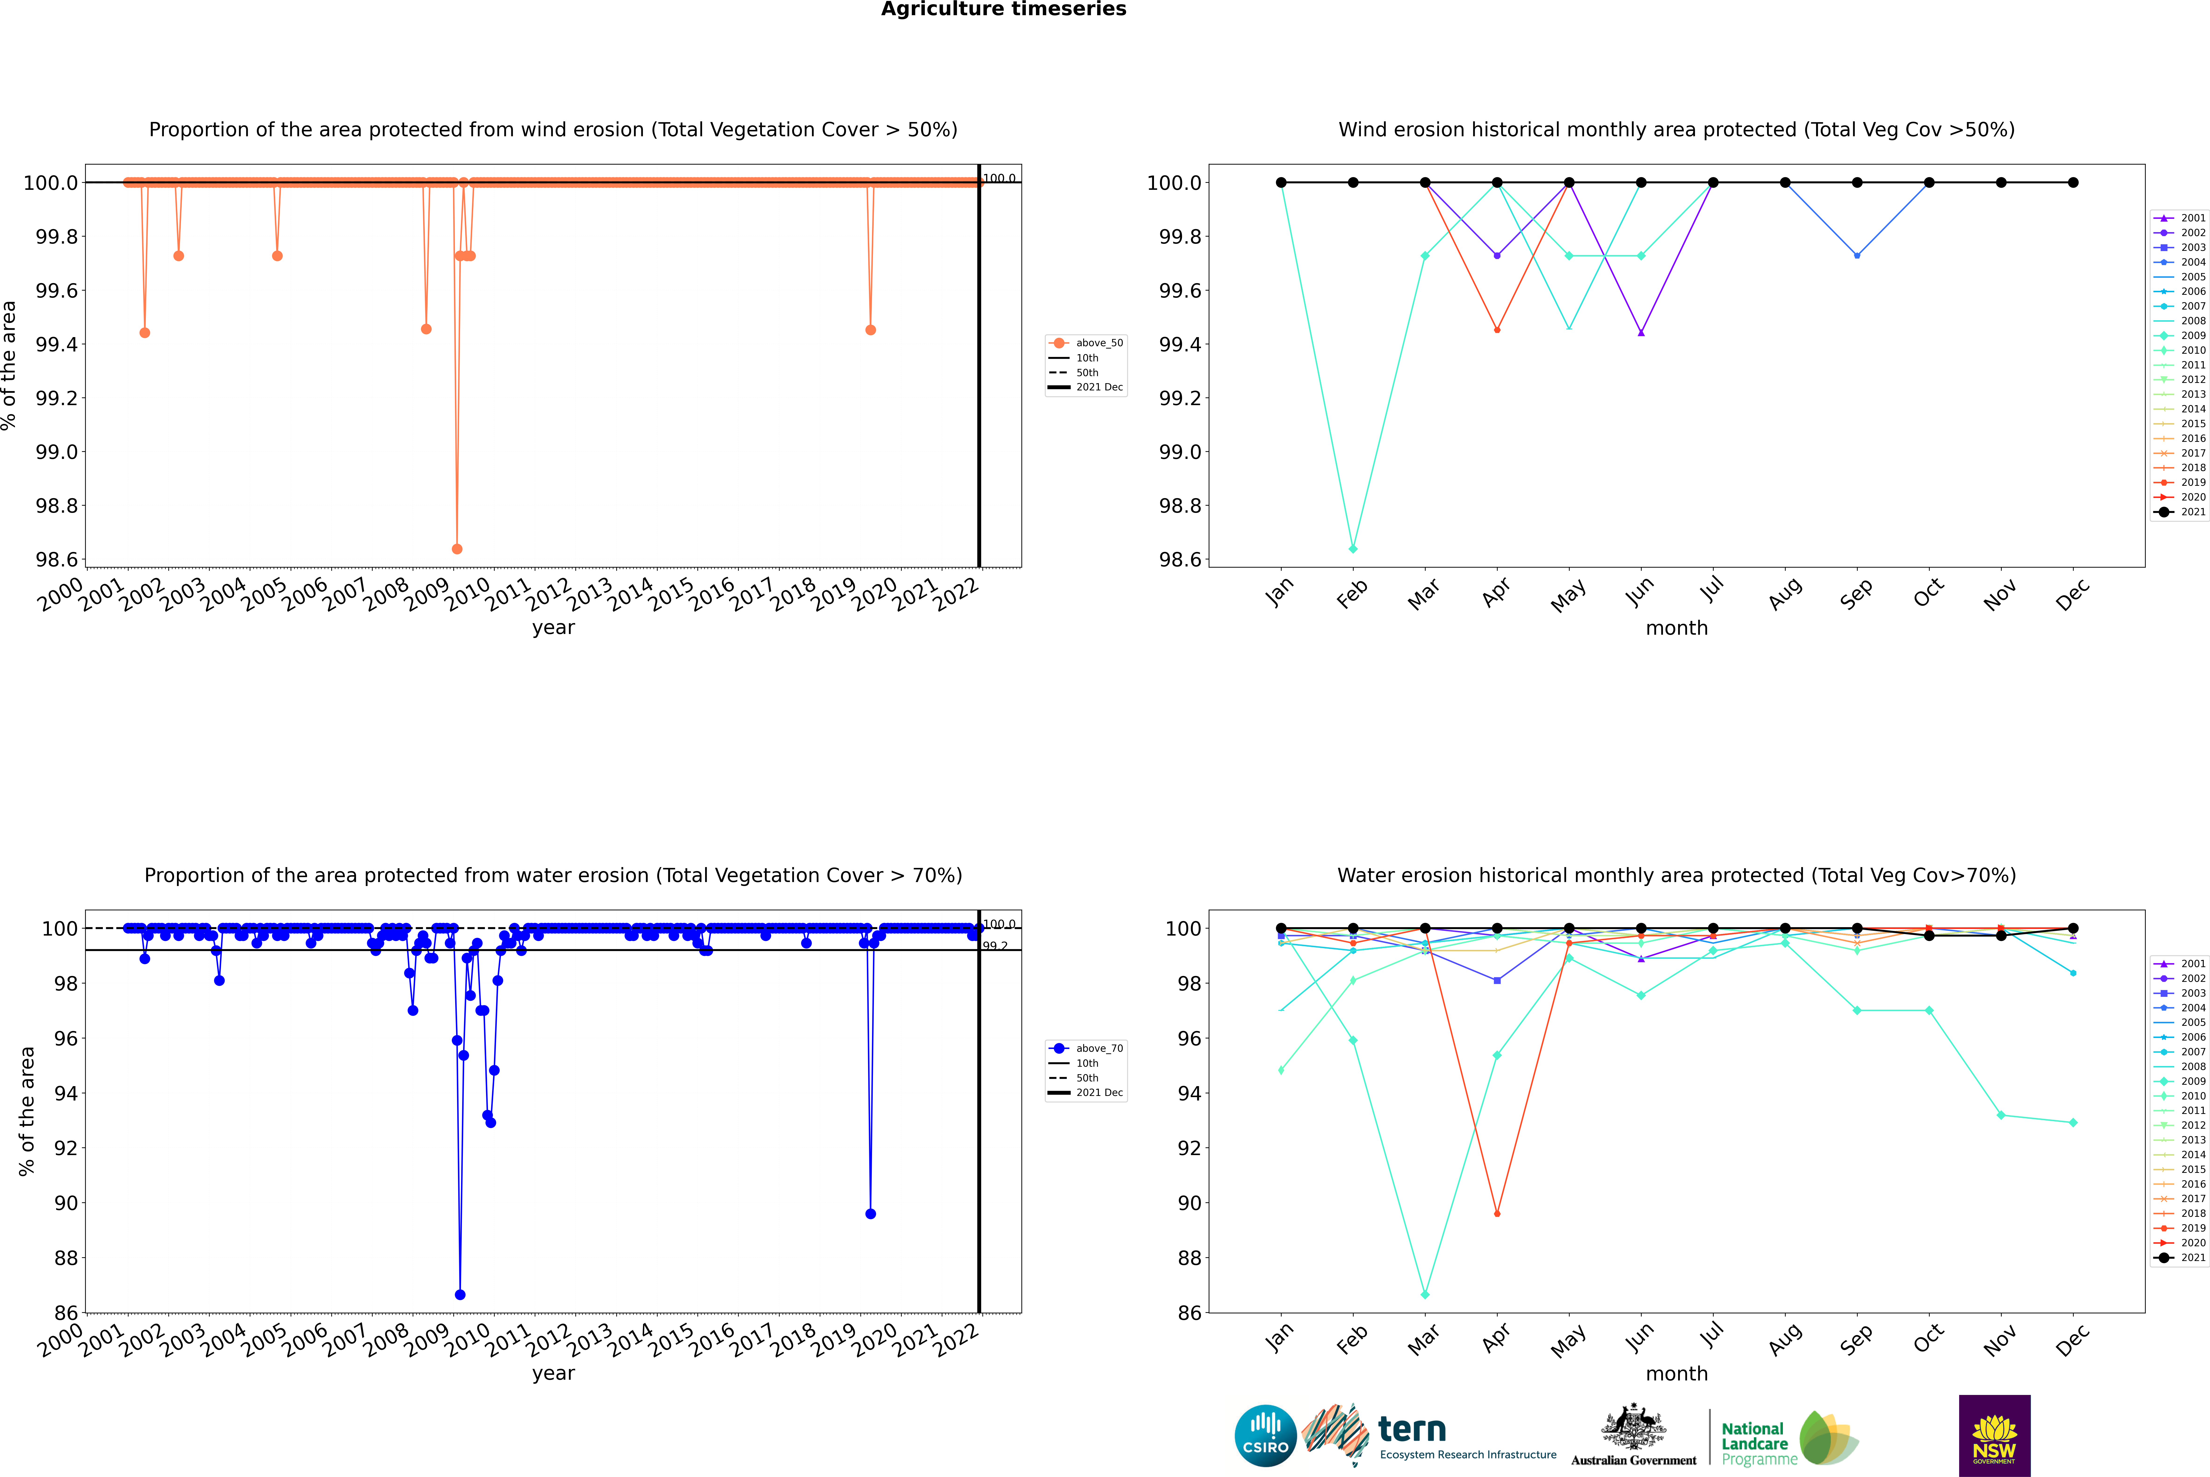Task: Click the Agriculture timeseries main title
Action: [x=1003, y=9]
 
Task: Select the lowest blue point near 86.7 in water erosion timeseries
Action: [x=460, y=1294]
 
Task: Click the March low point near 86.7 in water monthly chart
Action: [x=1424, y=1294]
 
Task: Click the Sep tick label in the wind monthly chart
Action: [x=1856, y=593]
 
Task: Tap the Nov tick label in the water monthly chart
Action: [x=1999, y=1340]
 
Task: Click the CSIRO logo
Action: [x=1265, y=1436]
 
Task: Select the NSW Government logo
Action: [x=1994, y=1436]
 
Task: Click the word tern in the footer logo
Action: [x=1411, y=1429]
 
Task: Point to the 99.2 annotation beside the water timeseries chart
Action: [x=995, y=946]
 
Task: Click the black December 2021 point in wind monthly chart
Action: [x=2073, y=183]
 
